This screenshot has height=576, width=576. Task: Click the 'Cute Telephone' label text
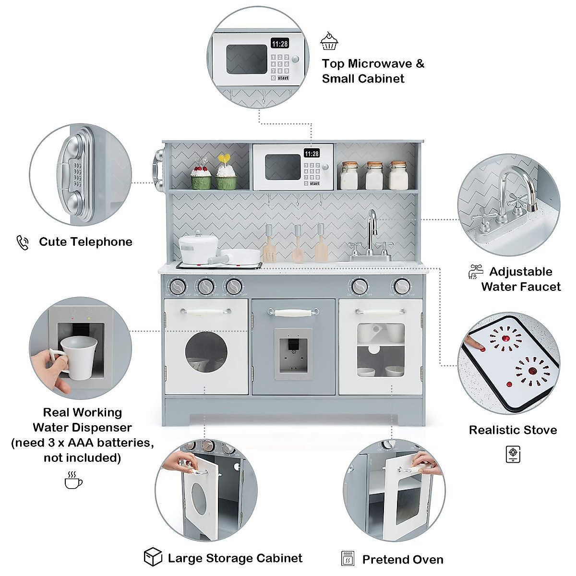point(85,242)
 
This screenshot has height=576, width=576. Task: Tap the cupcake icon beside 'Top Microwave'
point(329,42)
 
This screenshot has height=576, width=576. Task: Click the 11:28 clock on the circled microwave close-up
point(280,44)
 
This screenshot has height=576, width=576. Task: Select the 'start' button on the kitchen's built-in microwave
point(314,183)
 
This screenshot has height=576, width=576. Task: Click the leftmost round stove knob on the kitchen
point(178,287)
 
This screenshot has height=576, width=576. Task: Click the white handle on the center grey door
point(293,313)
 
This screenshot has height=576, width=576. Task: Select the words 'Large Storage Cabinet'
point(235,558)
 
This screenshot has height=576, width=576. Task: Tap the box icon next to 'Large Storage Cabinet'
point(153,557)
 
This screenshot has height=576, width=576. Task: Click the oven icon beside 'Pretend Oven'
point(348,559)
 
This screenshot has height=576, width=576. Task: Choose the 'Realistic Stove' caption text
point(513,430)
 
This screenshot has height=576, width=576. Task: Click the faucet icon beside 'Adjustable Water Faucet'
point(475,272)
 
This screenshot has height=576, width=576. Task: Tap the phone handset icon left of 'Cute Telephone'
point(23,242)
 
